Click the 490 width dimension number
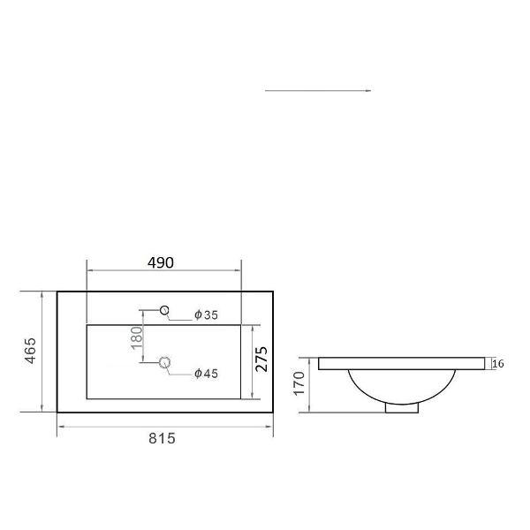click(161, 262)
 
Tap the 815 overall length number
click(163, 439)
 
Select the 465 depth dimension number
click(30, 351)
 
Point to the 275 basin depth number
click(261, 359)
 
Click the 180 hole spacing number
click(136, 337)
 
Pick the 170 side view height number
click(299, 383)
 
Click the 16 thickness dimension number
click(498, 364)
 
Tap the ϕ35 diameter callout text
click(206, 315)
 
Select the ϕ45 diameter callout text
click(206, 374)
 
